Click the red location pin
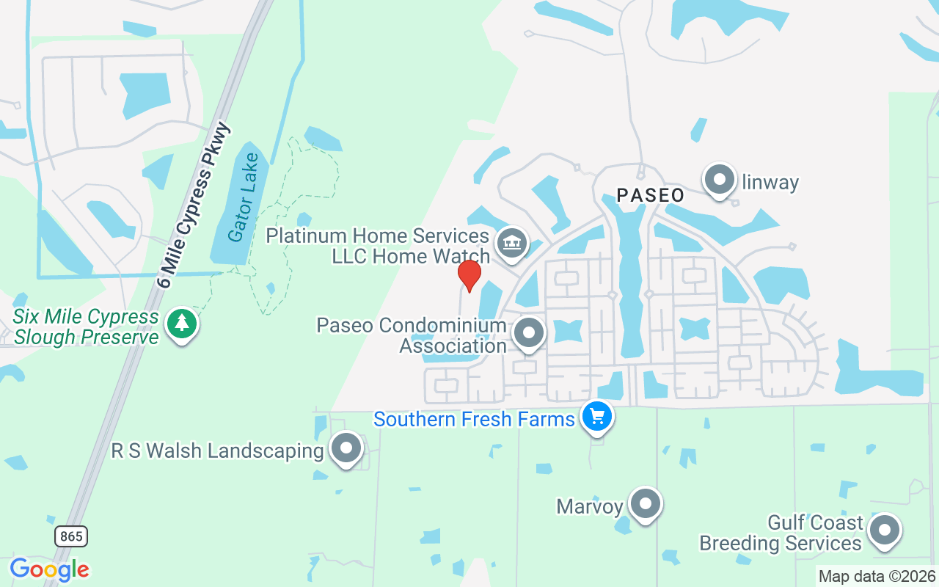click(469, 275)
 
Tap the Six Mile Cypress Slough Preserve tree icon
click(182, 324)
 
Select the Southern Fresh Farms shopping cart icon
click(597, 417)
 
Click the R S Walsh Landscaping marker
click(346, 447)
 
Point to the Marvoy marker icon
click(646, 504)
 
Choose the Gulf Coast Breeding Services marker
click(884, 530)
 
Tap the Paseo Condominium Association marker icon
click(529, 333)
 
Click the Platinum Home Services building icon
click(511, 243)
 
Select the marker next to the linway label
click(720, 179)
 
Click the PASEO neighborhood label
click(651, 195)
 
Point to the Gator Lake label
click(242, 197)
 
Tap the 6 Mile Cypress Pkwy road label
click(195, 205)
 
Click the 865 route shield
click(71, 536)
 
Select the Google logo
click(50, 569)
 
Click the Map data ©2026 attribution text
click(877, 576)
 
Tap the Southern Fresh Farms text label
click(474, 419)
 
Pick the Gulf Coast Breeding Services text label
click(781, 533)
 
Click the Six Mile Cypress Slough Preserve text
click(87, 327)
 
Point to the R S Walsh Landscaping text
click(217, 450)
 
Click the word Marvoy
click(590, 506)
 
